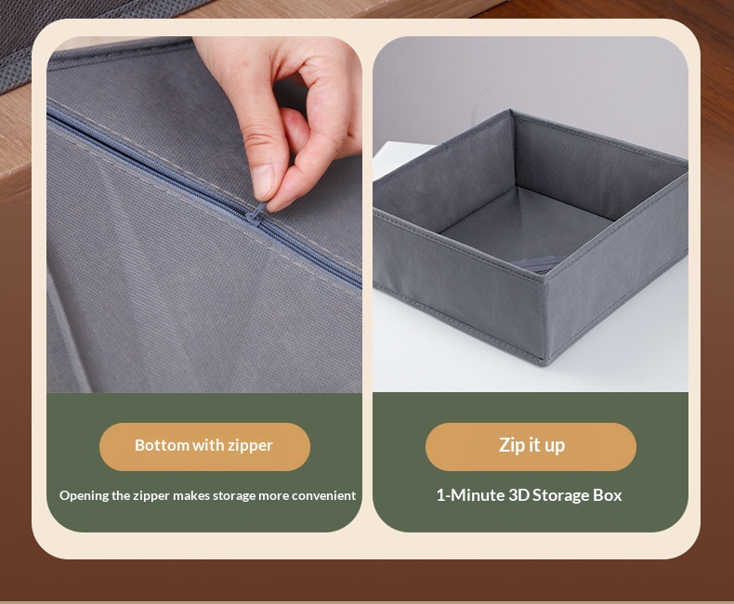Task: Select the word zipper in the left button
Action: pos(250,446)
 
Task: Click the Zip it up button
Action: pos(531,447)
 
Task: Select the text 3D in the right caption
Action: pos(518,495)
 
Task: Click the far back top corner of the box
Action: pos(510,112)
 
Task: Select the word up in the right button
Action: pos(554,446)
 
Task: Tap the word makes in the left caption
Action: pos(191,495)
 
